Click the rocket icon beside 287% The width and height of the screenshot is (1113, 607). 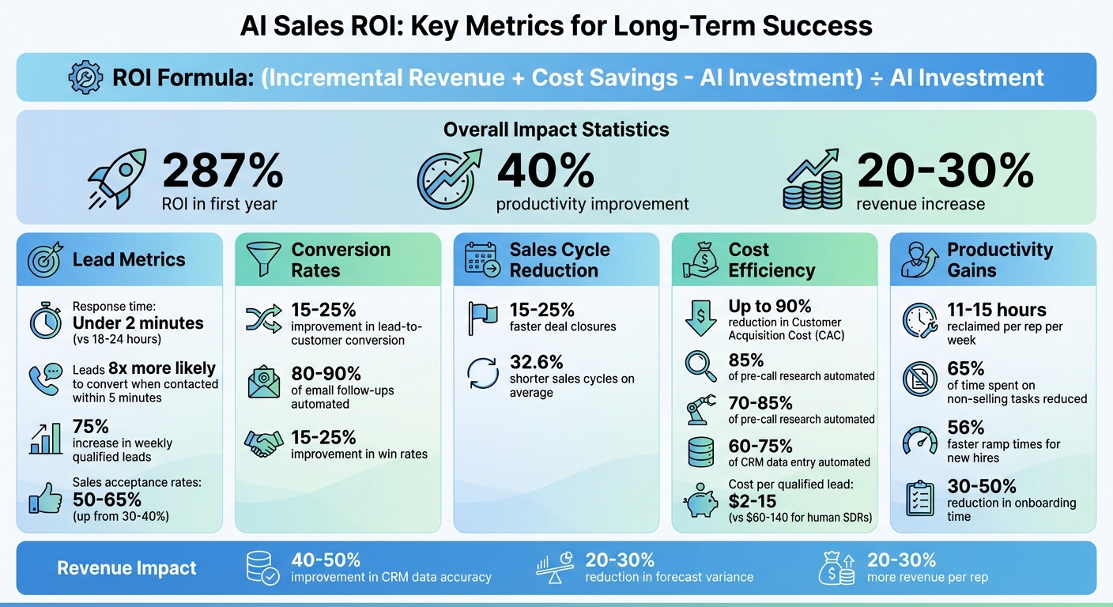click(117, 179)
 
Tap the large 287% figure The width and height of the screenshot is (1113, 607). click(222, 169)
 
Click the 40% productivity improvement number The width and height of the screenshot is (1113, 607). click(545, 169)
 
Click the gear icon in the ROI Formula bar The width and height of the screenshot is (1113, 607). click(85, 77)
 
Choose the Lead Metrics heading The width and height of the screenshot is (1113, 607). click(129, 259)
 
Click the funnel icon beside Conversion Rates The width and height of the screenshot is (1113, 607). click(263, 259)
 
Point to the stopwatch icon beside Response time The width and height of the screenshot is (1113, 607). click(45, 321)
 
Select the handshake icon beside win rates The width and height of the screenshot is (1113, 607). click(263, 443)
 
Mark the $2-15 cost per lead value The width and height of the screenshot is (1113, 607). click(753, 501)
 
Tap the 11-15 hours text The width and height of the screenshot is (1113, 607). click(996, 310)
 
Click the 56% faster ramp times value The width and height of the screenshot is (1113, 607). click(966, 428)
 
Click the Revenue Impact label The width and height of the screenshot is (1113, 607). click(126, 568)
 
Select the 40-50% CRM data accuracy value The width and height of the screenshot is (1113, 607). click(326, 560)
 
